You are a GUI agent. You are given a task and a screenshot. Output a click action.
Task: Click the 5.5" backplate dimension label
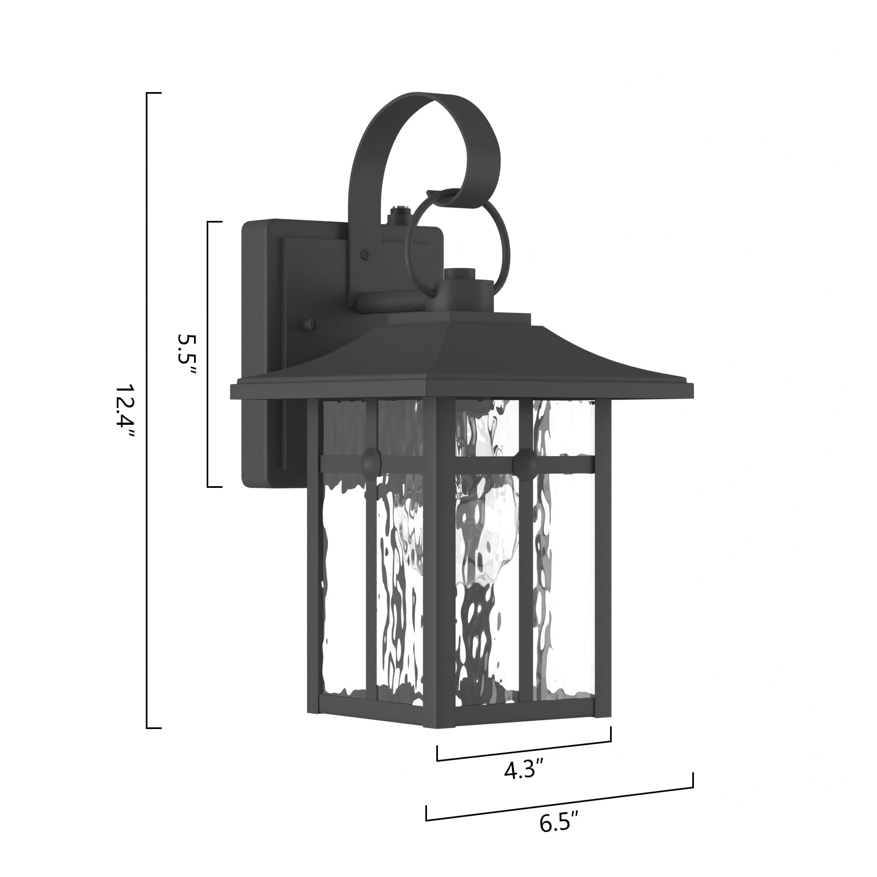(x=185, y=354)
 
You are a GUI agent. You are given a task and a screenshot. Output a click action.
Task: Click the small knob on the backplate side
(x=311, y=324)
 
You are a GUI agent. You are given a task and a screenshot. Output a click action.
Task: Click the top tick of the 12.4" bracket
(x=154, y=94)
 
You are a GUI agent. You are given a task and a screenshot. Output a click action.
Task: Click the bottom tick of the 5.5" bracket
(x=214, y=486)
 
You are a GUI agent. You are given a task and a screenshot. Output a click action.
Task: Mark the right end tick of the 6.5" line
(x=693, y=780)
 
